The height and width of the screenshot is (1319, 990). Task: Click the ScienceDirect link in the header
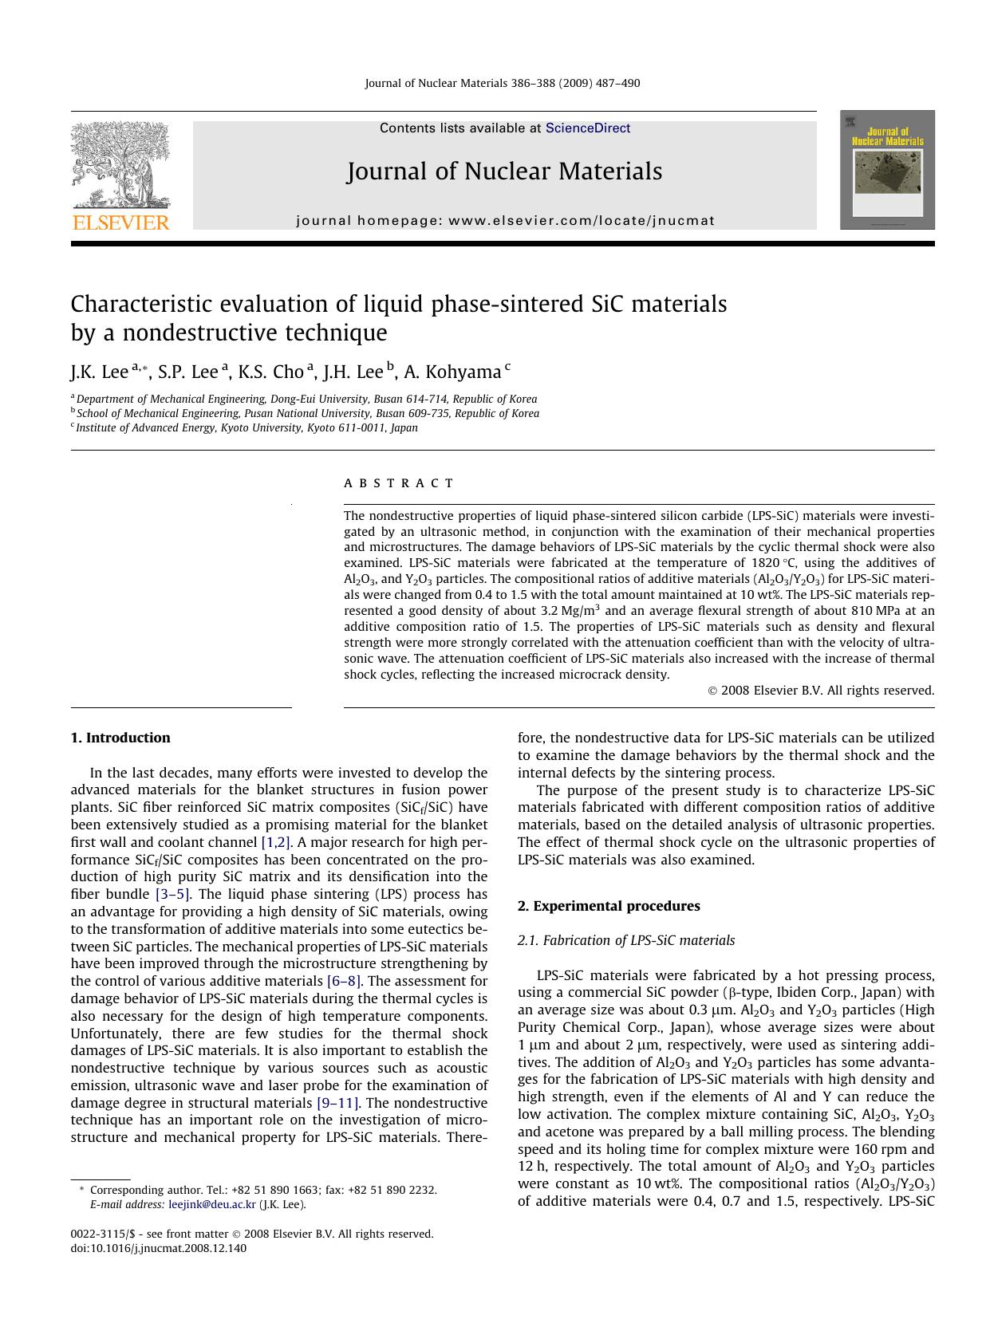[587, 128]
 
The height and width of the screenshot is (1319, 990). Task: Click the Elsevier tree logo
[120, 165]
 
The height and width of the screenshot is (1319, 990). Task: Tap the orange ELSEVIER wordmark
[121, 222]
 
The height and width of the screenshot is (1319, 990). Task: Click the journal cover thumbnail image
[887, 170]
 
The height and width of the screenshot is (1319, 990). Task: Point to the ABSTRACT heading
[399, 483]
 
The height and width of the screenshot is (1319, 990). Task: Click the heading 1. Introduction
[120, 738]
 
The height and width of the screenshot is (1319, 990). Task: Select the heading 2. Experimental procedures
[608, 906]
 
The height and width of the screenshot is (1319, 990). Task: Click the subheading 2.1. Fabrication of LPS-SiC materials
[625, 940]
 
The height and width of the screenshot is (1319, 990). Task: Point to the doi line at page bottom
[159, 1249]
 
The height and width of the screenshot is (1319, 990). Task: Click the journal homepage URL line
[505, 221]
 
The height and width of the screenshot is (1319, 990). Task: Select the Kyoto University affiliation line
[246, 427]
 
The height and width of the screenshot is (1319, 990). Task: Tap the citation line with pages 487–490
[502, 84]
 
